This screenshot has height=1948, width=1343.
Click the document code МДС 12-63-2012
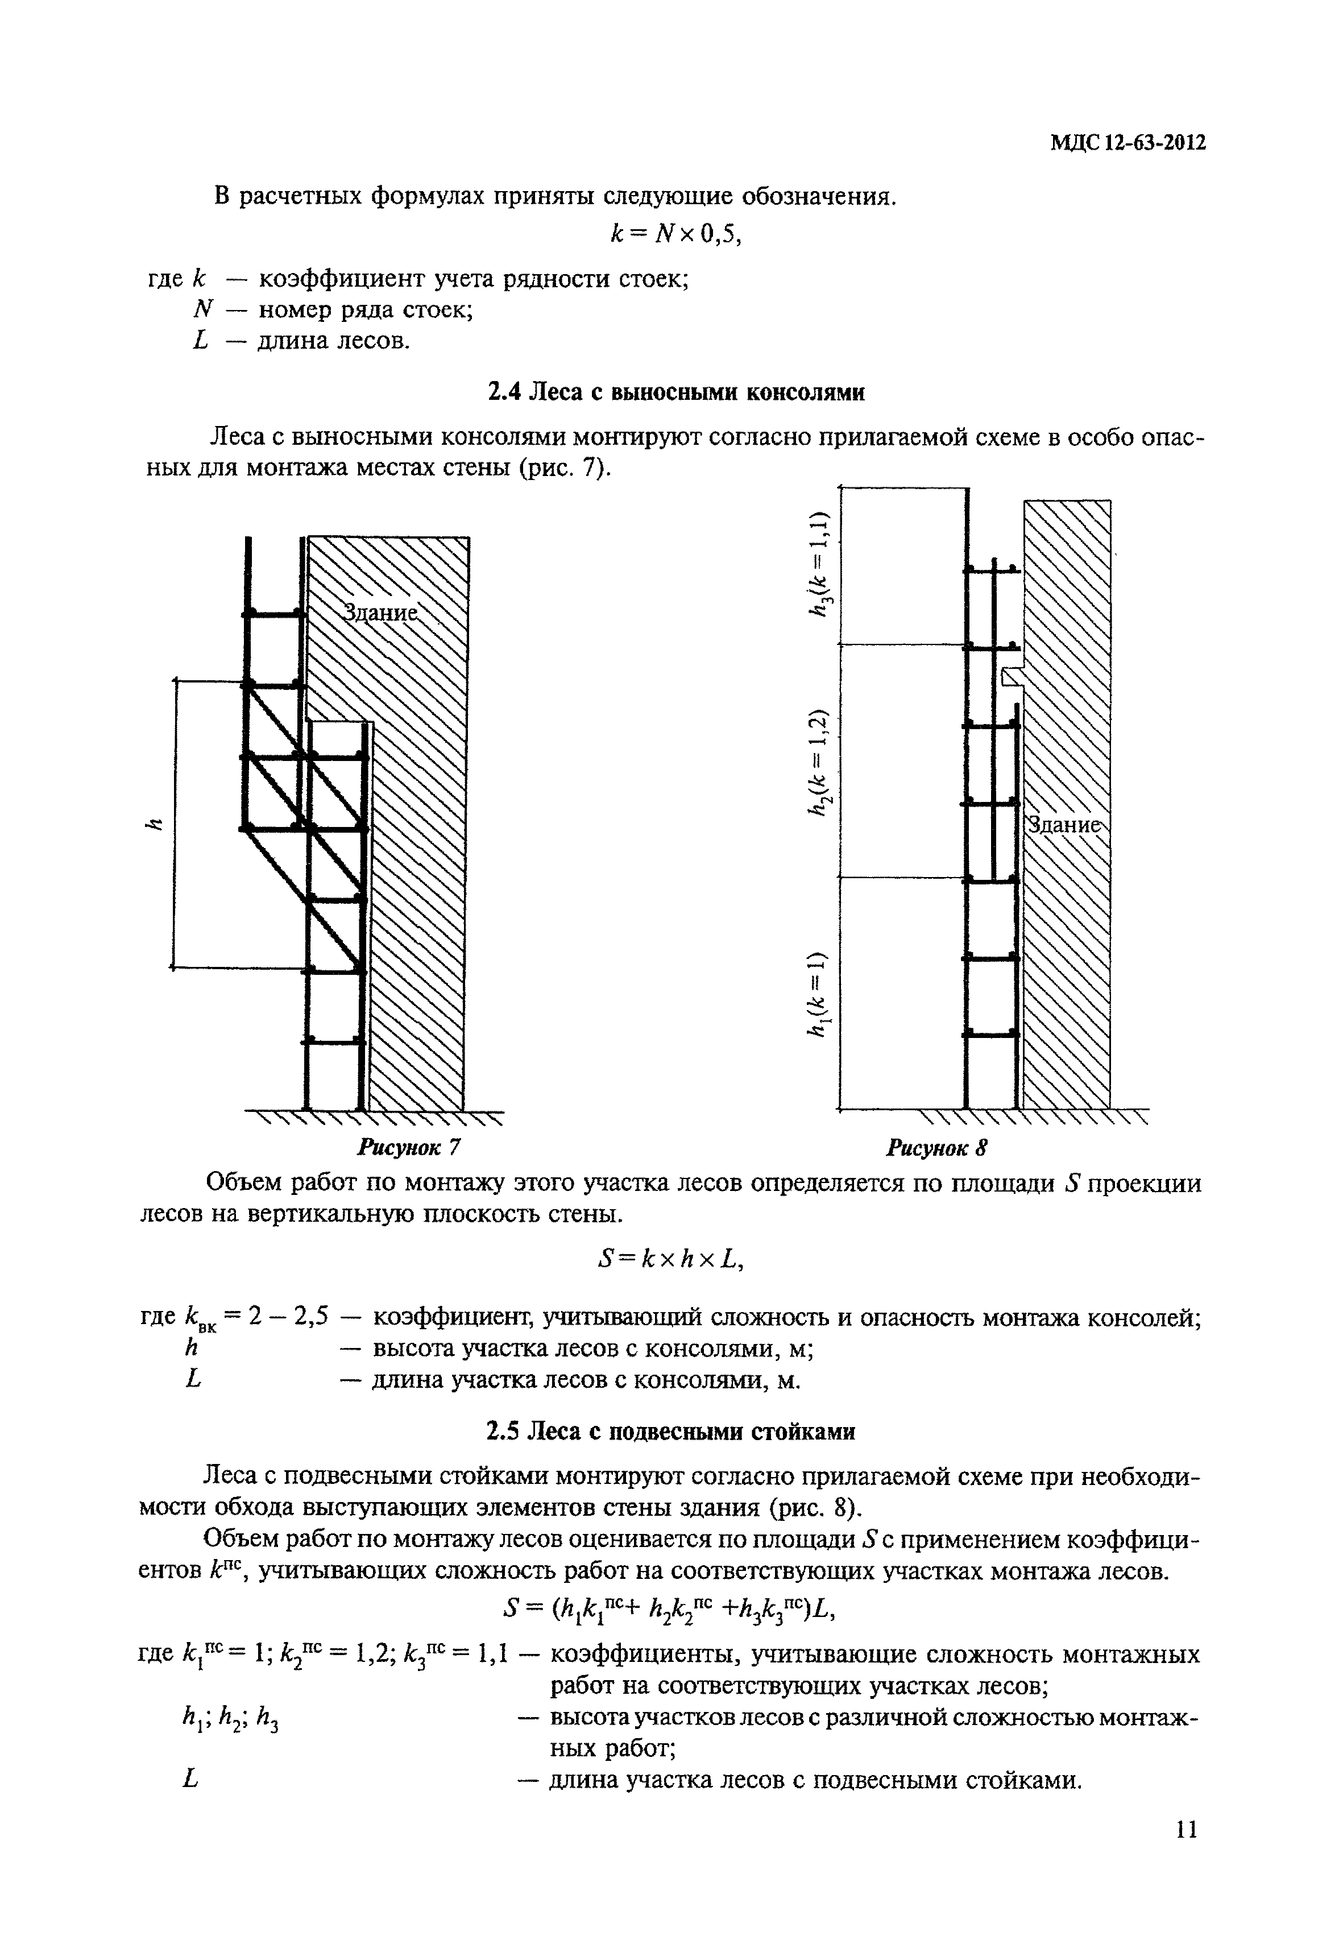1128,143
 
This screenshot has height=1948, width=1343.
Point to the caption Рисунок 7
410,1147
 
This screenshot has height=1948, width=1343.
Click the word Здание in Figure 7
380,614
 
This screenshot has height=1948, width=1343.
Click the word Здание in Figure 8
1064,826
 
